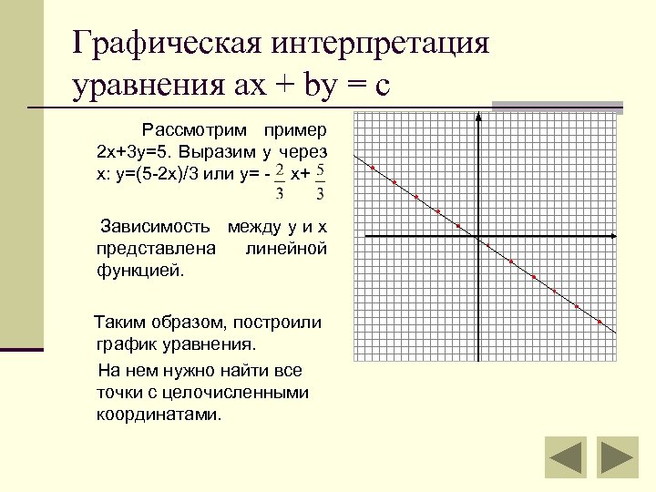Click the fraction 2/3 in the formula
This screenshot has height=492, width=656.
280,180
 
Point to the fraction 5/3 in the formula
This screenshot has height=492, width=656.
321,180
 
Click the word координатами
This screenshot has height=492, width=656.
158,415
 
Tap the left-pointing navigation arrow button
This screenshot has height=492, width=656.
565,457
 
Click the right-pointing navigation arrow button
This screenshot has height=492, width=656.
617,457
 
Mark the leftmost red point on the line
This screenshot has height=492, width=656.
373,168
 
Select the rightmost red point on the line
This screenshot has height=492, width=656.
600,322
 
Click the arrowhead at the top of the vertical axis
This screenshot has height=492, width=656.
477,118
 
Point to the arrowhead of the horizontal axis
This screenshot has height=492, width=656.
611,238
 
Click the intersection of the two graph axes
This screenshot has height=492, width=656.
477,238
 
